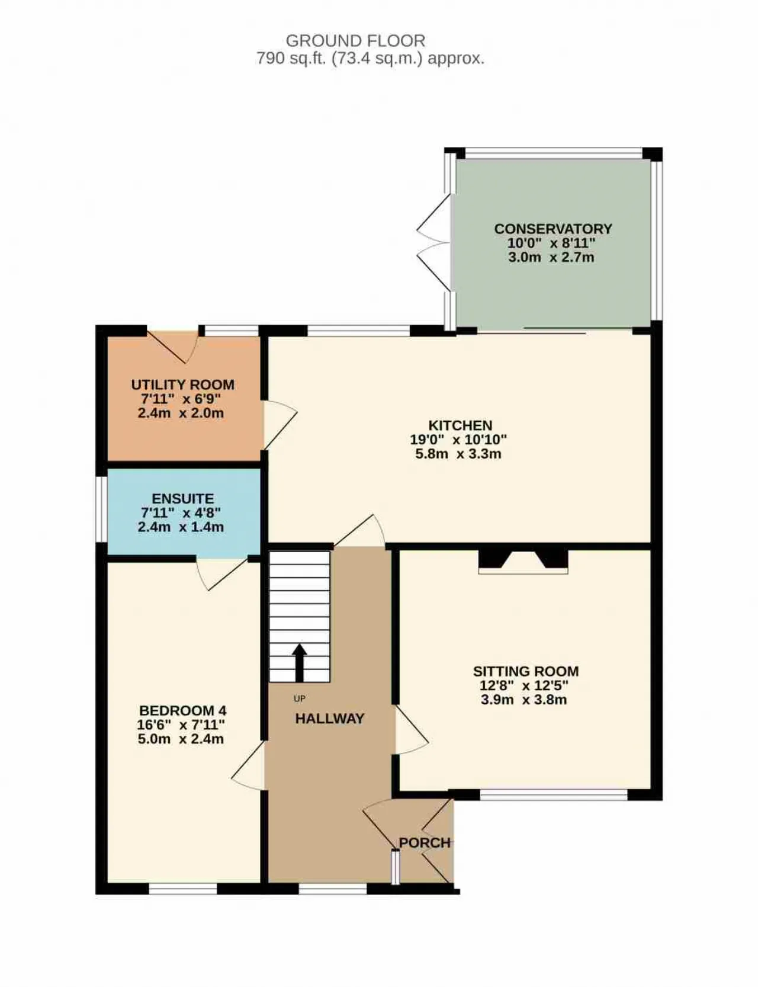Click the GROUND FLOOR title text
355,41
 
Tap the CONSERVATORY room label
553,229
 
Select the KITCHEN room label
460,425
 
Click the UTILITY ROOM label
182,384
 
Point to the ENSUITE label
182,499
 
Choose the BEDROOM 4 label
182,710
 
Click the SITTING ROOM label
525,671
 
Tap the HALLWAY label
329,719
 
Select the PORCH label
425,842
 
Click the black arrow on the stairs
299,662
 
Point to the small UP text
299,699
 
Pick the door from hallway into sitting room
411,729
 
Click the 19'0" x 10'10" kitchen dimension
458,440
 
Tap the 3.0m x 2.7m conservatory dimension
551,257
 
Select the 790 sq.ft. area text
370,58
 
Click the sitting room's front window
554,794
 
